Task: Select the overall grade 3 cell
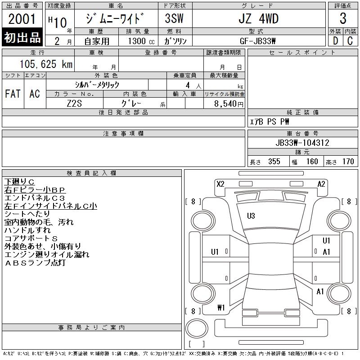coord(343,18)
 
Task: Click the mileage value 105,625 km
coord(46,64)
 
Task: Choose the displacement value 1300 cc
coord(138,40)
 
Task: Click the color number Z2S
coord(75,103)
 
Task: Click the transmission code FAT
coord(13,94)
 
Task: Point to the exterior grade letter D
coord(335,40)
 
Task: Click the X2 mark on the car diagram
coord(220,184)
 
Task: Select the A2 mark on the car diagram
coord(321,184)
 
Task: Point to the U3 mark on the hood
coord(251,216)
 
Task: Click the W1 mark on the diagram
coord(220,308)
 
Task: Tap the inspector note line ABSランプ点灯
coord(35,263)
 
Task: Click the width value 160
coord(312,162)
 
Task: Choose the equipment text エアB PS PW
coord(270,121)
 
